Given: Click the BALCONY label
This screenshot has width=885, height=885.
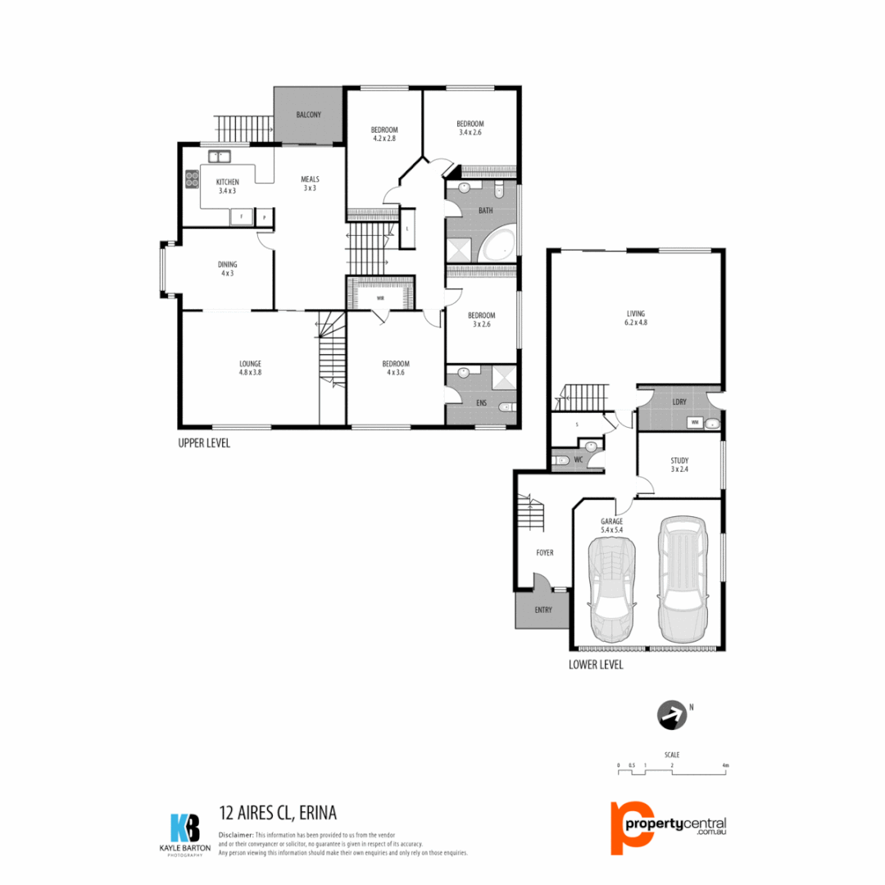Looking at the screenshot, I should point(308,114).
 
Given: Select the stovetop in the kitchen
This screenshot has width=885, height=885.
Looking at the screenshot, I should point(193,179).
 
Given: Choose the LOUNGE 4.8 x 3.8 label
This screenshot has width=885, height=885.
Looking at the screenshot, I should point(250,368).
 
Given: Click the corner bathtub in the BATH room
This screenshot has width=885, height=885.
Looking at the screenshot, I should point(497,246).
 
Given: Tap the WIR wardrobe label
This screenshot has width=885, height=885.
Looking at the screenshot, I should point(380,298).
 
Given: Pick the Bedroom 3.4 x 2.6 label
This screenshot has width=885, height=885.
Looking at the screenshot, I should point(470,128).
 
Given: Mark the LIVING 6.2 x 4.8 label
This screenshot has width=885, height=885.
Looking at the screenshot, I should point(636,318).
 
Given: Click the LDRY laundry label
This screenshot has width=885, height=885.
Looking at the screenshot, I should point(678,402).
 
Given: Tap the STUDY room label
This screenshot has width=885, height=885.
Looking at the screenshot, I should point(678,465).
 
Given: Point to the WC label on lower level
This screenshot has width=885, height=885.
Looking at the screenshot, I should point(579,460).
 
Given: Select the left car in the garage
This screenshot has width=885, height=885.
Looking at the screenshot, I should point(610,592).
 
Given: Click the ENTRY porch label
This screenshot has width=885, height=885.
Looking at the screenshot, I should point(542,610).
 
